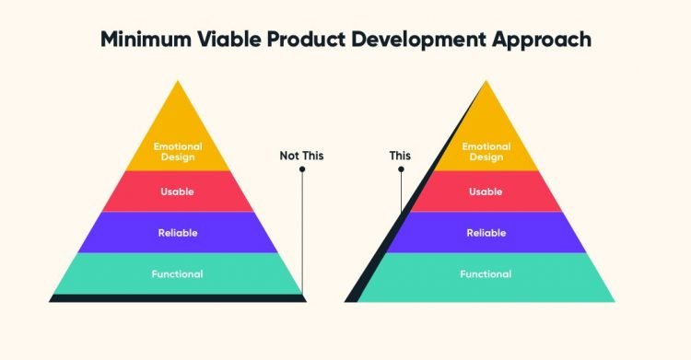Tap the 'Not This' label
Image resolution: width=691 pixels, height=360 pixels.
click(x=302, y=156)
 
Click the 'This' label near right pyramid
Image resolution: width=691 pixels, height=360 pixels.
click(x=400, y=156)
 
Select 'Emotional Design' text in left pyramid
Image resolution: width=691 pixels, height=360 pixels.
click(x=178, y=150)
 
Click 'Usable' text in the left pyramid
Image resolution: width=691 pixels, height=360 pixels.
click(x=177, y=192)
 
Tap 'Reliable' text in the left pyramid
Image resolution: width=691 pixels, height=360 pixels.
click(x=177, y=233)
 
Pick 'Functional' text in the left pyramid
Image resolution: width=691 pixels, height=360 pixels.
click(x=177, y=273)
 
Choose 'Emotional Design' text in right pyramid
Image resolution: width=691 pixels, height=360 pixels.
click(x=486, y=150)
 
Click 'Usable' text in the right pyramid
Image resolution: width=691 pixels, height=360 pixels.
click(x=486, y=192)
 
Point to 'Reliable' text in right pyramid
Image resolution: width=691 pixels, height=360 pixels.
click(x=486, y=233)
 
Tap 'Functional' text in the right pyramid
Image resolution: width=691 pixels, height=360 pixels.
click(x=486, y=273)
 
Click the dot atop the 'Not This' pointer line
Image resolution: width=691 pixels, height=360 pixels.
click(x=302, y=168)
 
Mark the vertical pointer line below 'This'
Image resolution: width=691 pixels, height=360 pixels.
click(x=401, y=189)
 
